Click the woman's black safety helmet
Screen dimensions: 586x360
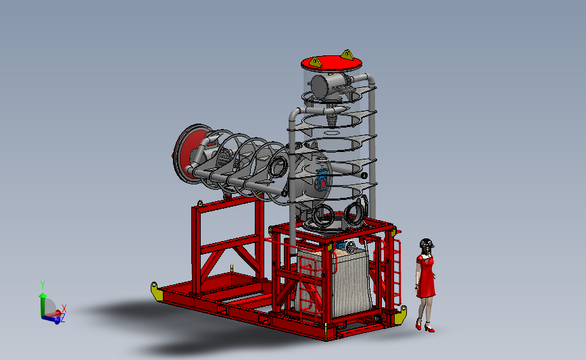(426, 243)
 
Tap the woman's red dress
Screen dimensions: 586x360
(425, 276)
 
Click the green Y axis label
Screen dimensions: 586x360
(43, 285)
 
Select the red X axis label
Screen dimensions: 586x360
(64, 309)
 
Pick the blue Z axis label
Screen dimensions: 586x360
(63, 318)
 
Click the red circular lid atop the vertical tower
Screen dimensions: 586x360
(331, 63)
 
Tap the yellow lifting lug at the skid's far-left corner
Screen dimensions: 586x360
(157, 291)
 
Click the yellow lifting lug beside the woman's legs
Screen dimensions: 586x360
(401, 315)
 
